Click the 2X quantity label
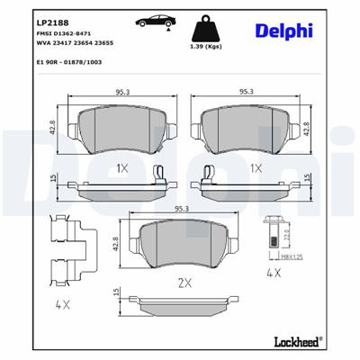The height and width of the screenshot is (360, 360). click(184, 283)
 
